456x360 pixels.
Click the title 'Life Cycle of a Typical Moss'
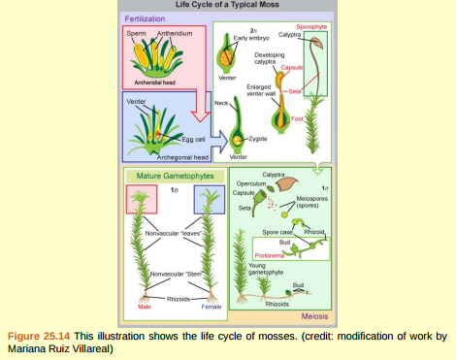228,5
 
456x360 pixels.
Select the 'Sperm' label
137,34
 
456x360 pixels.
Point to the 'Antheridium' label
175,34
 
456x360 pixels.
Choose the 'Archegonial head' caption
184,155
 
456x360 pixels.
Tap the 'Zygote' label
257,139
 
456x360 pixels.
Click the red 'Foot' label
324,118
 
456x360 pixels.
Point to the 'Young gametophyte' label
264,269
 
